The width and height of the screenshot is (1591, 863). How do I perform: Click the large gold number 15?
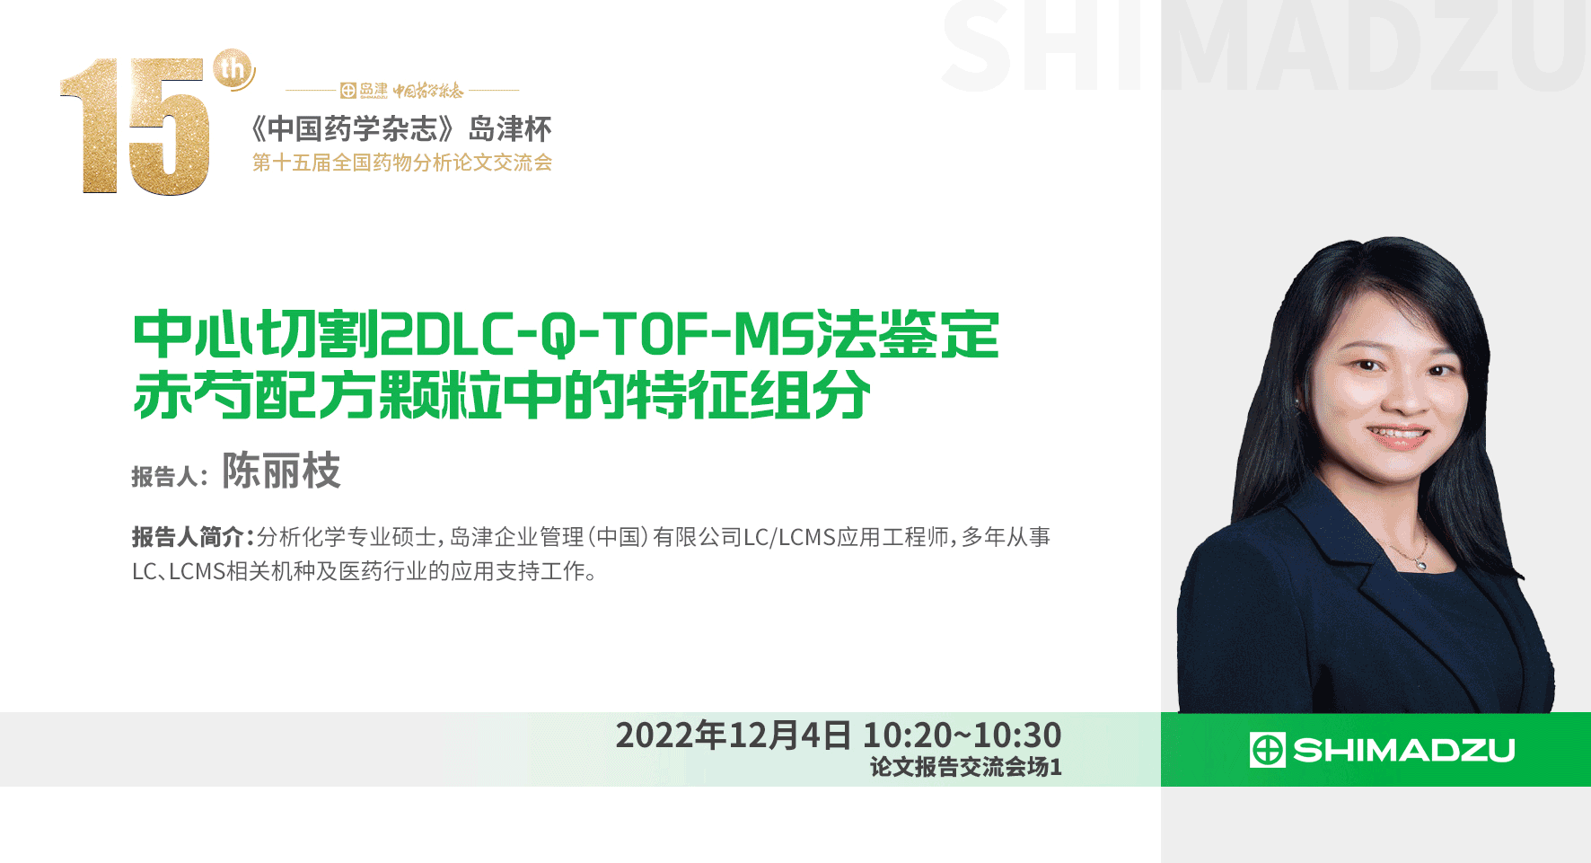coord(135,126)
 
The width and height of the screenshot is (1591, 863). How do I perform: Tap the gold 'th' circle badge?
coord(233,69)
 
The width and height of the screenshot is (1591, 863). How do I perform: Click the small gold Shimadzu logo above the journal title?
coord(365,90)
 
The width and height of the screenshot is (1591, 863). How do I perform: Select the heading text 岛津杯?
coord(510,129)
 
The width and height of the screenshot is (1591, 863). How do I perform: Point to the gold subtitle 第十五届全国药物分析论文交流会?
coord(402,163)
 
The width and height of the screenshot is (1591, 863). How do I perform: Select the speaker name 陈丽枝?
coord(281,471)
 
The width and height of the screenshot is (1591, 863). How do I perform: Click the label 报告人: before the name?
coord(170,476)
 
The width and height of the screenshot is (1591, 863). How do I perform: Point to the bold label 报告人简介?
coord(188,537)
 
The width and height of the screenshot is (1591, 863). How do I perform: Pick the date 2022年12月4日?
coord(733,735)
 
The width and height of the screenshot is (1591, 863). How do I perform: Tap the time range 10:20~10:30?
coord(962,735)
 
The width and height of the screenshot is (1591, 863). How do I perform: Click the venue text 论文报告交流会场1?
coord(965,767)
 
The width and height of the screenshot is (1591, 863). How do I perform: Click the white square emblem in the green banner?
coord(1267,750)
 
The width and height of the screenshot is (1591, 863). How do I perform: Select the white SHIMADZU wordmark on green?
coord(1404,750)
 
